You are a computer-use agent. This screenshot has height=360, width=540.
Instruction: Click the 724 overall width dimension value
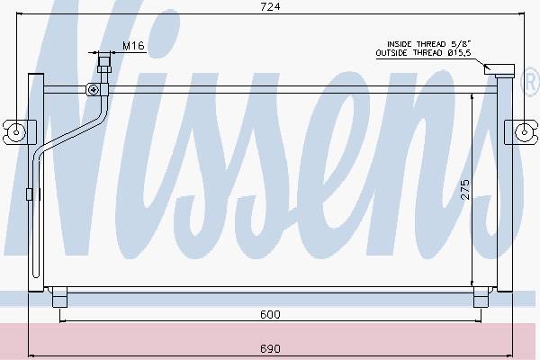click(x=270, y=6)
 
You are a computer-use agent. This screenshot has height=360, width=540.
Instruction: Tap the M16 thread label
click(x=133, y=46)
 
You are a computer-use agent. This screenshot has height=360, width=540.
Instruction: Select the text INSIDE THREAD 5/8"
click(x=428, y=44)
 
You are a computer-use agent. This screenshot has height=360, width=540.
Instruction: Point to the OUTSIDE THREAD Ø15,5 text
click(x=423, y=53)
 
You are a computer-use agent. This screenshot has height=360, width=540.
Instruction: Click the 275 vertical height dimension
click(x=465, y=190)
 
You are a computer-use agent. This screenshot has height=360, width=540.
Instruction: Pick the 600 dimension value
click(x=270, y=314)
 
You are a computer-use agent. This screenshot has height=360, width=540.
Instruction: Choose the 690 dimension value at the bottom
click(x=270, y=348)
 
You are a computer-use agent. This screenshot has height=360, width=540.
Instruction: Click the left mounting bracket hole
click(x=16, y=132)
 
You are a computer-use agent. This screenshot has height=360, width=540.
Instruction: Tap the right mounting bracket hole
click(x=524, y=132)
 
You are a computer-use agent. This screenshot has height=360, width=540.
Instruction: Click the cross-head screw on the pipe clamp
click(x=94, y=90)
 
